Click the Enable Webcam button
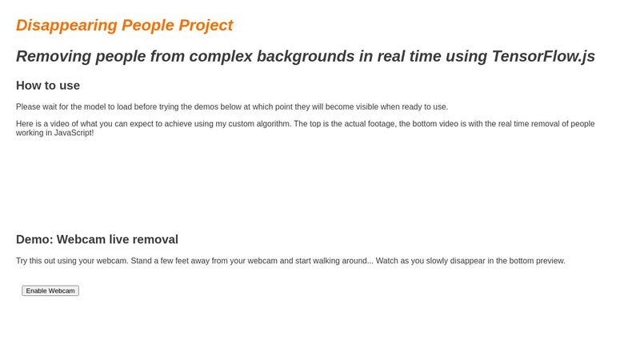(x=50, y=290)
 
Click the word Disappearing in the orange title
(x=66, y=25)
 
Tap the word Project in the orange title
(x=206, y=25)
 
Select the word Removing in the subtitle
(x=54, y=56)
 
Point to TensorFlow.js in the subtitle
(x=543, y=56)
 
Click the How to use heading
(x=48, y=86)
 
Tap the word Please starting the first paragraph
(x=29, y=107)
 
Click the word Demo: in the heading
(x=34, y=239)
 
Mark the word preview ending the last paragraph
(x=550, y=261)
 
